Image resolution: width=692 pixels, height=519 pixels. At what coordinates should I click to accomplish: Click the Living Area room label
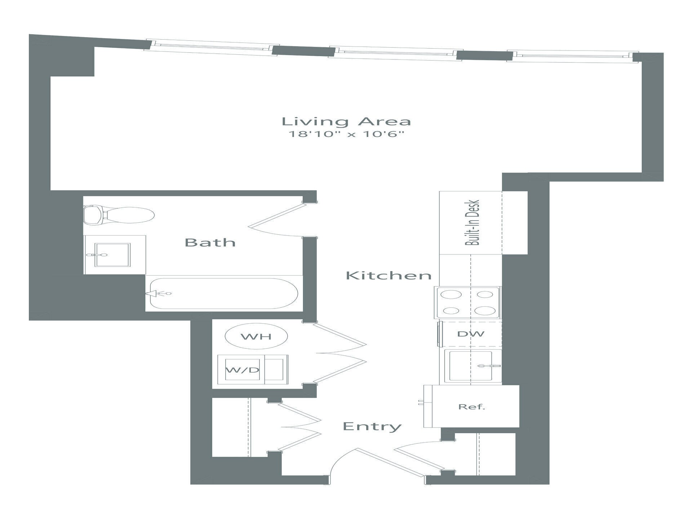click(x=346, y=122)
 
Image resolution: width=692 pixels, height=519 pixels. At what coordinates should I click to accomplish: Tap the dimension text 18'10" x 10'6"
click(x=346, y=135)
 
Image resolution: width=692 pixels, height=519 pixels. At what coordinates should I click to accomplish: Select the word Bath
click(x=210, y=243)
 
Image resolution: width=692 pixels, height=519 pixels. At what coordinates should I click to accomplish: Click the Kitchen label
click(x=389, y=276)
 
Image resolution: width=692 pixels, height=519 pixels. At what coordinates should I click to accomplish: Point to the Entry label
click(x=372, y=426)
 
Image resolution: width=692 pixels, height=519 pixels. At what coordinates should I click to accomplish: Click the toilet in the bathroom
click(x=119, y=215)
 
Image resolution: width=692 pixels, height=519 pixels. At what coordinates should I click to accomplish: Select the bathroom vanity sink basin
click(x=112, y=255)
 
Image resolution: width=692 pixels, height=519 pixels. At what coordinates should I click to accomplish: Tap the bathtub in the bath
click(x=223, y=293)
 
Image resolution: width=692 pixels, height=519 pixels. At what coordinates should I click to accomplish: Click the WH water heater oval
click(x=256, y=336)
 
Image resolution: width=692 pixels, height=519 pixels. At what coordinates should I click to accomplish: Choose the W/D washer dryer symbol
click(x=242, y=370)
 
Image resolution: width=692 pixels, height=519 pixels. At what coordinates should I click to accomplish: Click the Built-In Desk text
click(x=472, y=223)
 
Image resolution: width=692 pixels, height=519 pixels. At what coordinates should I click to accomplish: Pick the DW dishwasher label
click(x=471, y=334)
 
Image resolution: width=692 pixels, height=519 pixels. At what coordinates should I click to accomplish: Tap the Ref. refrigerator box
click(x=471, y=407)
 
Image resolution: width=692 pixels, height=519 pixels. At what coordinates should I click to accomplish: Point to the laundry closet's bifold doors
click(x=341, y=353)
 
